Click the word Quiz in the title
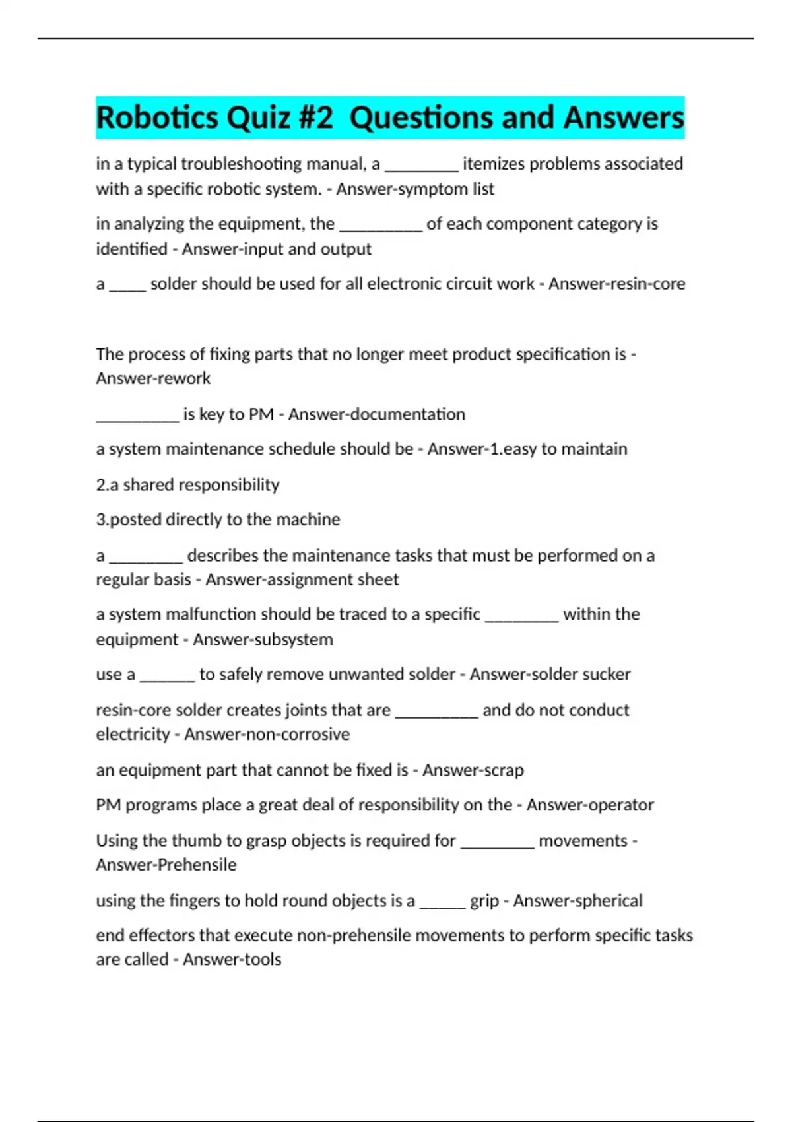(259, 118)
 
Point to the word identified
(131, 249)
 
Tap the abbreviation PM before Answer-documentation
(261, 414)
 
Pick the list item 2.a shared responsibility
(187, 485)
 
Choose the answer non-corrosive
(300, 735)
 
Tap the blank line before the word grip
(442, 904)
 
